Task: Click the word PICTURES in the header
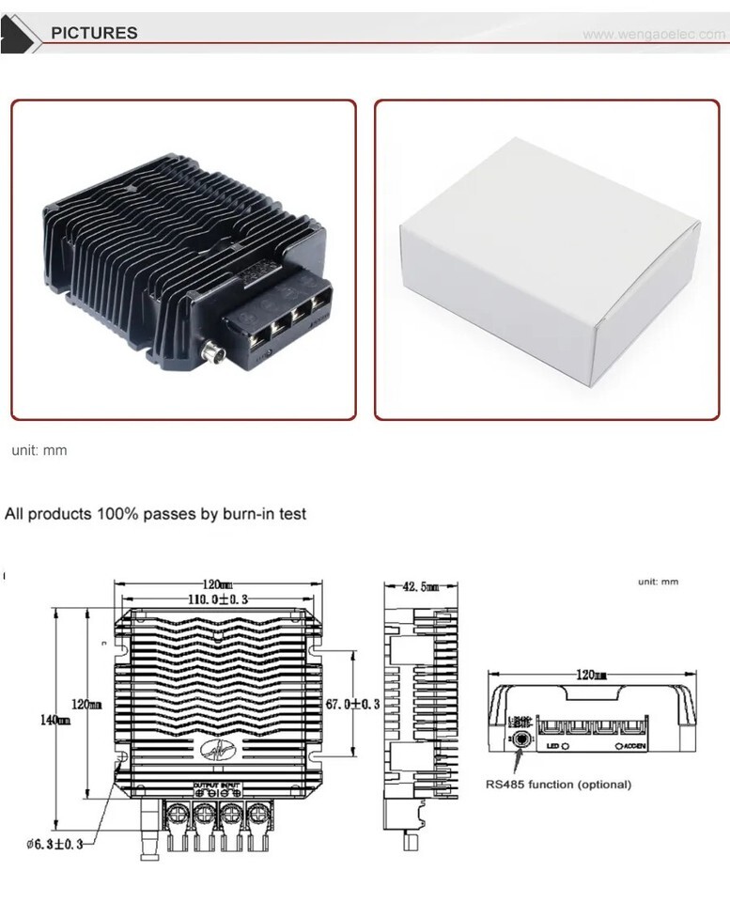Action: pyautogui.click(x=94, y=33)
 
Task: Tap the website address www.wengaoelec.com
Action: pyautogui.click(x=654, y=35)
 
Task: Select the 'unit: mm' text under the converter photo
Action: pyautogui.click(x=39, y=450)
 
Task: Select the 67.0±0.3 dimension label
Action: pyautogui.click(x=352, y=704)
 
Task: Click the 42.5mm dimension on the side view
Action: pyautogui.click(x=420, y=586)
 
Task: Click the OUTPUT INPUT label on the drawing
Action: pyautogui.click(x=217, y=785)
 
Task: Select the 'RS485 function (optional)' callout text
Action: pyautogui.click(x=558, y=784)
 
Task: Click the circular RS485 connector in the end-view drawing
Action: pyautogui.click(x=519, y=740)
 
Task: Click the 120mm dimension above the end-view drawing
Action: pyautogui.click(x=590, y=675)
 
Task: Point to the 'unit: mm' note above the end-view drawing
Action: pyautogui.click(x=658, y=582)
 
